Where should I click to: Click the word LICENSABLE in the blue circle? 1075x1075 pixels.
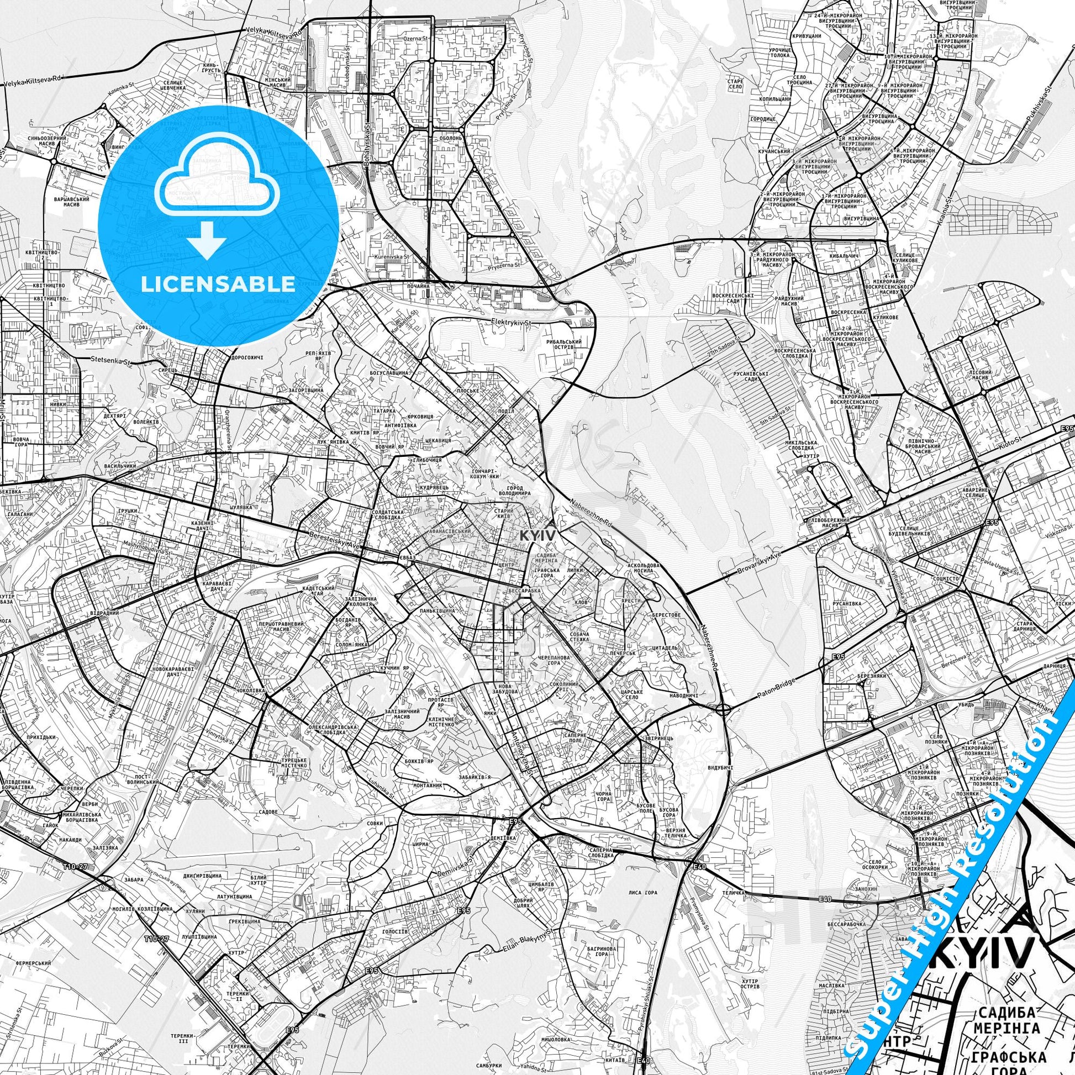[x=218, y=284]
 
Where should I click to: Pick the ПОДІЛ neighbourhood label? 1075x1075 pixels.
[x=507, y=410]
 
